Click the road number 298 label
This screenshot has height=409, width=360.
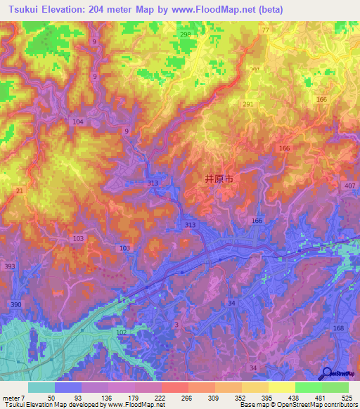(x=205, y=34)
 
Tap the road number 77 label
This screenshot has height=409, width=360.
(x=265, y=31)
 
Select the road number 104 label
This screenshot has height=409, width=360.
(x=77, y=122)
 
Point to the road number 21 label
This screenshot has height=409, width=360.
(x=20, y=191)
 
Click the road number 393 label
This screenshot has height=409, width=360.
(x=9, y=266)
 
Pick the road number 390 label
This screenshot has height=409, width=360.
(x=16, y=303)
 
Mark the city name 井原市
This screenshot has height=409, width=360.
(x=219, y=179)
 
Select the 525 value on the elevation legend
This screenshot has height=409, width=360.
(x=345, y=397)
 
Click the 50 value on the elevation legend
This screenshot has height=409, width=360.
(x=51, y=397)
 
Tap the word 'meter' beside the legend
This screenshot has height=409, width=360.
(x=12, y=397)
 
